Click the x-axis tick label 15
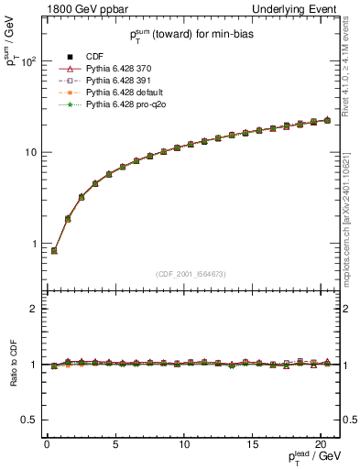pos(253,445)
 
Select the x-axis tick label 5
pos(115,445)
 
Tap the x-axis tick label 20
pos(322,445)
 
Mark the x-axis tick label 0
pos(47,445)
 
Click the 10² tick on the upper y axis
pos(27,61)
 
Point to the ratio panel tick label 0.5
pos(26,420)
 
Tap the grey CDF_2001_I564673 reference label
pos(191,274)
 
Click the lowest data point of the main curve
pos(54,250)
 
